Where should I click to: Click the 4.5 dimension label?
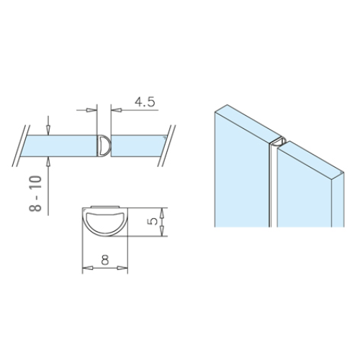pos(145,102)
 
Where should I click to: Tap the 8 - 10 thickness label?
pos(35,194)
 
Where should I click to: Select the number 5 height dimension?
pos(153,221)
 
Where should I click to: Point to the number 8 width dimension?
pos(105,259)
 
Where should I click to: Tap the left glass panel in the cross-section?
pos(59,145)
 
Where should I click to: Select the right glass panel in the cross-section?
pos(139,145)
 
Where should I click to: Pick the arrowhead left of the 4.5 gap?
pos(91,110)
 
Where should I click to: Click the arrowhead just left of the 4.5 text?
pos(117,110)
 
